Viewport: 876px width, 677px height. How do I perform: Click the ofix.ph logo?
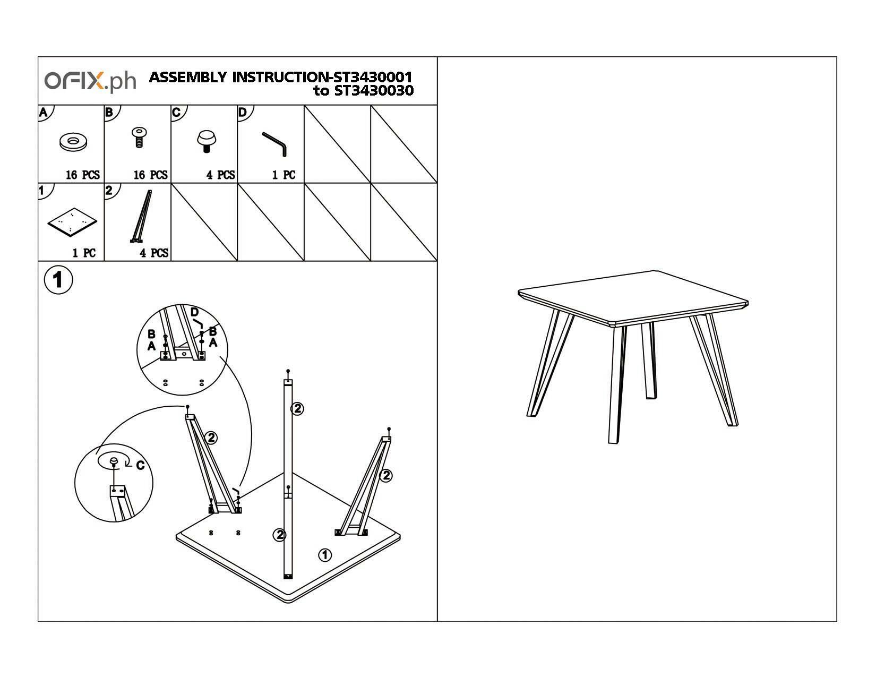(x=90, y=81)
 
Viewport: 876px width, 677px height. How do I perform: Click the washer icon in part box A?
(x=73, y=142)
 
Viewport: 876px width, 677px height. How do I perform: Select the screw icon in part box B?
(x=139, y=137)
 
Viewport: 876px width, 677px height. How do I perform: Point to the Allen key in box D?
(x=275, y=143)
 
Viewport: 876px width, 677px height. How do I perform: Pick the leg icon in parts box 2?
(x=140, y=218)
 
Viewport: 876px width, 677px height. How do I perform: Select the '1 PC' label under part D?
(x=284, y=175)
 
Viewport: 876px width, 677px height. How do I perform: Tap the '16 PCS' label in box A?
(x=83, y=175)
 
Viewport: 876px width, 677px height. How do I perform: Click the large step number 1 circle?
(x=57, y=280)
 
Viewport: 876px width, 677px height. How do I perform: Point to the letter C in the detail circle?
(x=140, y=466)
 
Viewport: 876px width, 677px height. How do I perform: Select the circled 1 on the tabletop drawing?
(x=325, y=555)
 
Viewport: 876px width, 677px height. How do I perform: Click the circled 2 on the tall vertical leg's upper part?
(x=297, y=408)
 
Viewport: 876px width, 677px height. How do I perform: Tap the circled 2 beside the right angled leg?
(x=386, y=475)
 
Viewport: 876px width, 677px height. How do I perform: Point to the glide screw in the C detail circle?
(x=113, y=461)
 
